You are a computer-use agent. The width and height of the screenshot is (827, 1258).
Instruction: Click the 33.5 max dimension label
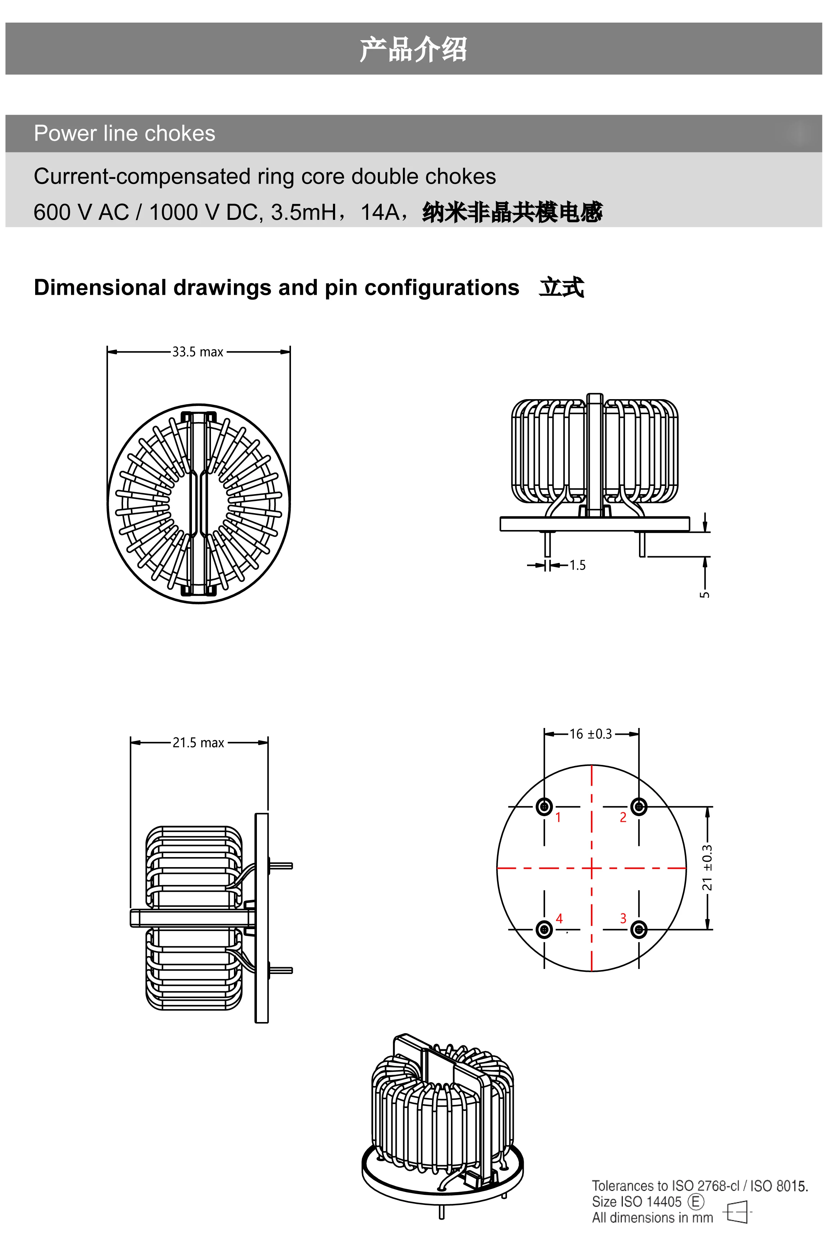(x=198, y=352)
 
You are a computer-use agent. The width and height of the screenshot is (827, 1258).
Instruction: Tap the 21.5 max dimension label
(x=198, y=743)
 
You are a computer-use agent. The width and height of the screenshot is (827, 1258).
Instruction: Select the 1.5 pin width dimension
(x=577, y=565)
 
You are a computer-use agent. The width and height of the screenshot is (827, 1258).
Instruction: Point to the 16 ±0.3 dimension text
(x=591, y=734)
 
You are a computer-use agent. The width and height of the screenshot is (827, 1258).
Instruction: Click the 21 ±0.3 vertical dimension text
(x=707, y=867)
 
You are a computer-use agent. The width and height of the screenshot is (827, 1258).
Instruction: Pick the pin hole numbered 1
(x=544, y=807)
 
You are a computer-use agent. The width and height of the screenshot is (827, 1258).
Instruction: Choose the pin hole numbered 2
(x=639, y=807)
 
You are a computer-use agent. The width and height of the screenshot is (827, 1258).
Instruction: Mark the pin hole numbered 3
(x=639, y=929)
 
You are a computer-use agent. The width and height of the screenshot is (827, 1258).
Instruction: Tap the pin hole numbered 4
(x=544, y=929)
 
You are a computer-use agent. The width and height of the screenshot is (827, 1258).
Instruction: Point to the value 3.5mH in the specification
(x=304, y=212)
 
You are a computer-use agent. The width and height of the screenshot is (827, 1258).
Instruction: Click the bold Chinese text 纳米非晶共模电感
(x=512, y=212)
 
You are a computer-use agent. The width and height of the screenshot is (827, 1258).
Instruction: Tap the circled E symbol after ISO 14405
(x=696, y=1201)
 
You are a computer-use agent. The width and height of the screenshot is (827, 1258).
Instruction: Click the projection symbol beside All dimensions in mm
(x=737, y=1211)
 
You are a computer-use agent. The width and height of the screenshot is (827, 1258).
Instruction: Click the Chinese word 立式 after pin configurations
(x=561, y=288)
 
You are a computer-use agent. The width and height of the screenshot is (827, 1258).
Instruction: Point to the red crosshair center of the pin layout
(x=591, y=867)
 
